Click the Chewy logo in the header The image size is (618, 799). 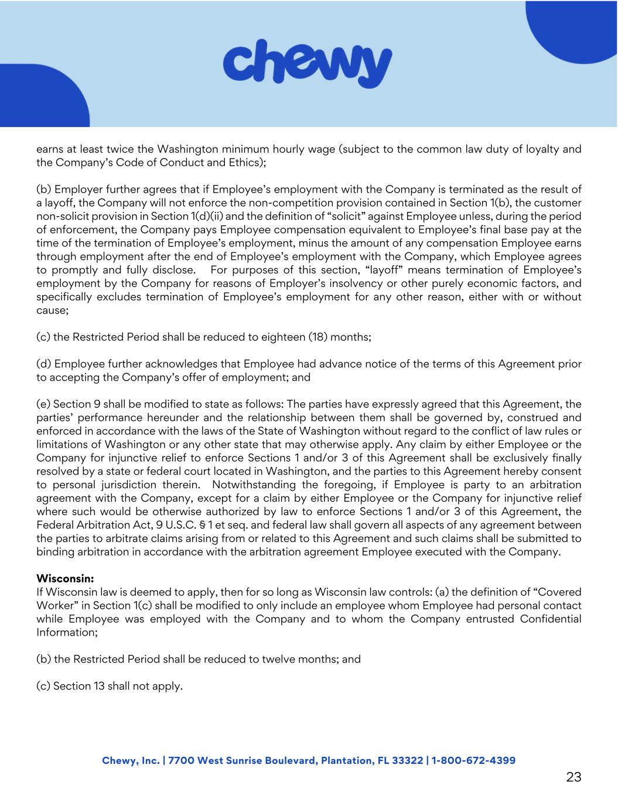(x=308, y=63)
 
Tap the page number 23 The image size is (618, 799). (x=573, y=777)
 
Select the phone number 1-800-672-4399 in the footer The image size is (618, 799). (x=473, y=760)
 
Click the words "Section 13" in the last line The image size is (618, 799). (x=79, y=686)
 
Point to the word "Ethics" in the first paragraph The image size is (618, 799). (x=247, y=163)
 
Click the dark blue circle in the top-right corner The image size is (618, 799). (x=577, y=26)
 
